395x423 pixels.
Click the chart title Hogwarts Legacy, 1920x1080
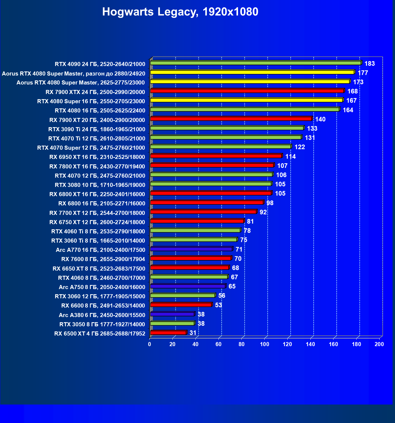(180, 12)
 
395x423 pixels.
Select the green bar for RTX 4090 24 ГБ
(255, 63)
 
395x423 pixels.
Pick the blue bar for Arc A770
(191, 249)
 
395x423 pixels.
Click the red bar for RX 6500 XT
(168, 333)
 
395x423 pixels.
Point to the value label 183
(370, 64)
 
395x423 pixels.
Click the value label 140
(320, 119)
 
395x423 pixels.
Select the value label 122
(300, 147)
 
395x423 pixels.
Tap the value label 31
(193, 333)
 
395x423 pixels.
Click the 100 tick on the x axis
(265, 344)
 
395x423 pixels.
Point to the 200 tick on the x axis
(379, 344)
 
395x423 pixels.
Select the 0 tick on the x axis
(150, 344)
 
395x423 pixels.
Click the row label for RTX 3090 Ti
(97, 129)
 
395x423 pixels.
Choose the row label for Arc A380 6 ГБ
(102, 315)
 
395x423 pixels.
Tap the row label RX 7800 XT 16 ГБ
(97, 166)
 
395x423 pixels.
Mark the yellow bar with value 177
(252, 72)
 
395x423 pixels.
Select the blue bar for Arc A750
(188, 286)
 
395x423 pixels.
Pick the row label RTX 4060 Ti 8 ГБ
(98, 231)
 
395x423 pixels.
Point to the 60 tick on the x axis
(219, 344)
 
